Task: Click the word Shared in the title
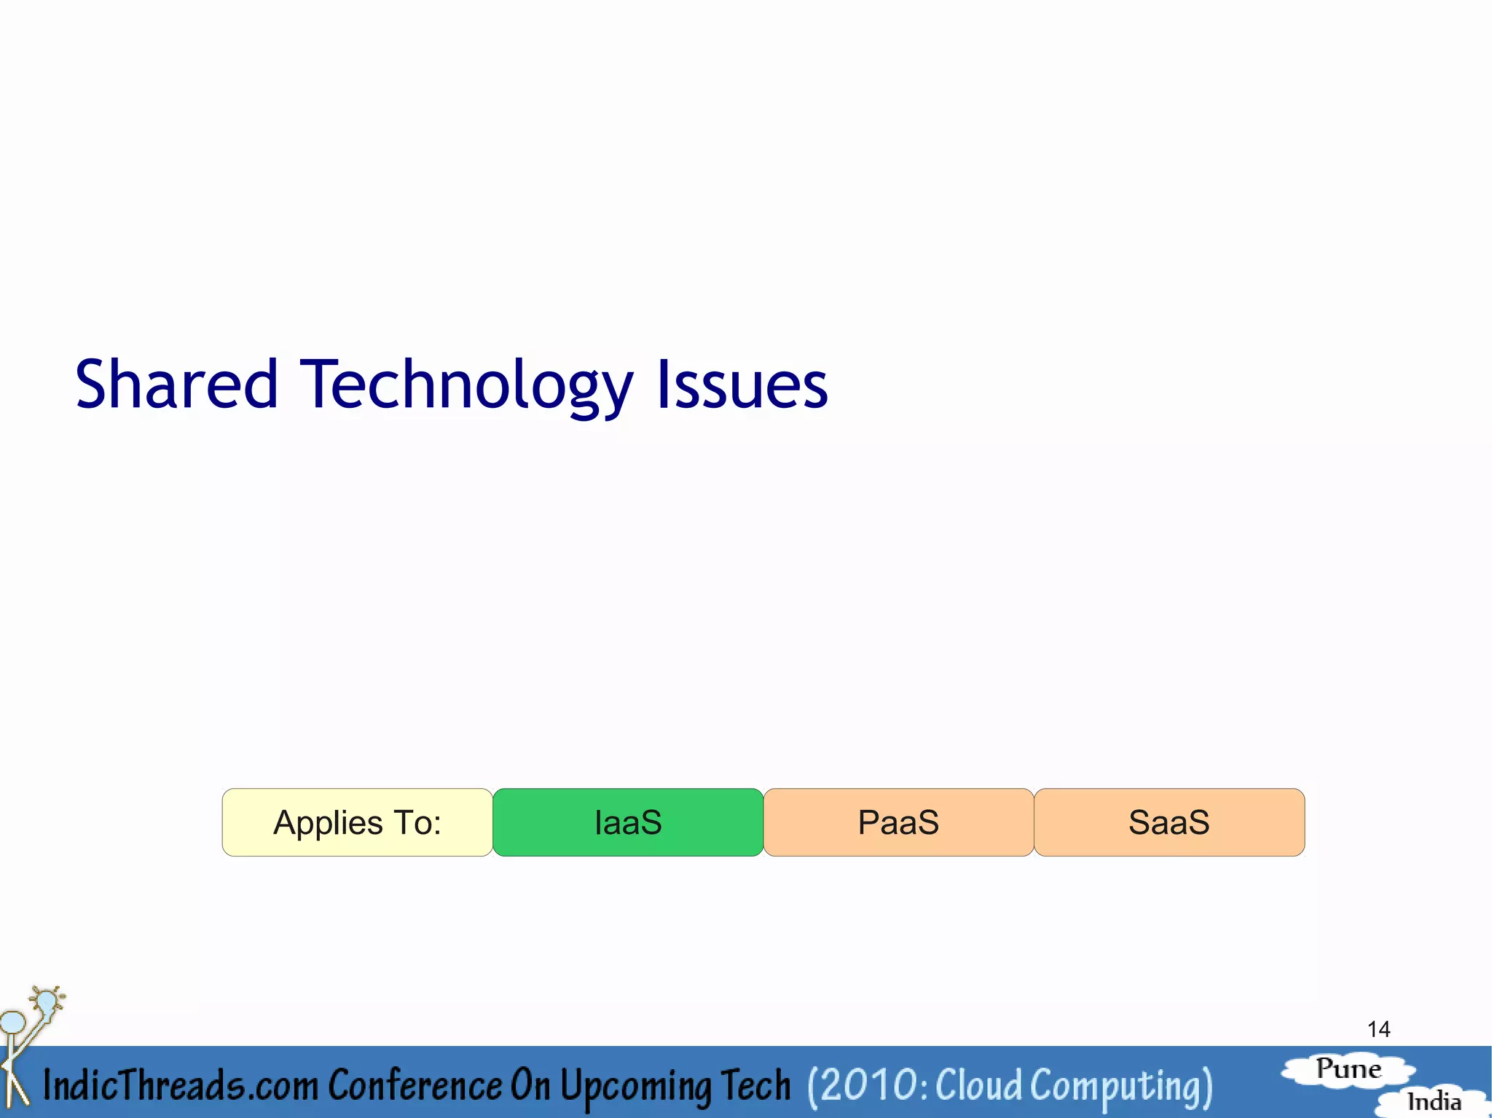click(176, 385)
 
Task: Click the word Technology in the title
click(466, 385)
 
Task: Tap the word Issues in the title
click(742, 385)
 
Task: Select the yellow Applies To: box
click(357, 822)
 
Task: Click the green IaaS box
click(628, 822)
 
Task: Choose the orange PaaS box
click(898, 822)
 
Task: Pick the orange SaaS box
click(1169, 822)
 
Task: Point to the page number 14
click(1378, 1029)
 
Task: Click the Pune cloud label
click(1348, 1069)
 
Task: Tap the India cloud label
click(1434, 1101)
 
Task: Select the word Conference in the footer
click(415, 1085)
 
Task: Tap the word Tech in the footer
click(755, 1085)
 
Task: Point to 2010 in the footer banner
click(867, 1085)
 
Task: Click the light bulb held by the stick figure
click(47, 1001)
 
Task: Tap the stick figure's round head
click(13, 1022)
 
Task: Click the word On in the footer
click(530, 1085)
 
